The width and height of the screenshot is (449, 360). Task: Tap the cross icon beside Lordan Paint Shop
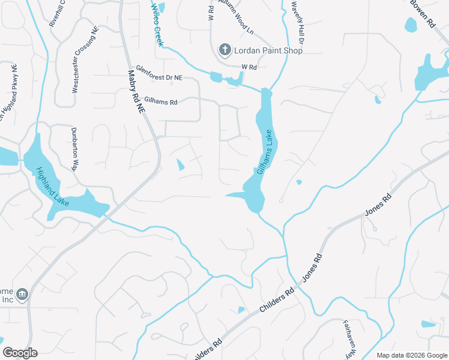[x=225, y=49]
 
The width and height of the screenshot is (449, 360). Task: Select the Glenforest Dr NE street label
[x=159, y=73]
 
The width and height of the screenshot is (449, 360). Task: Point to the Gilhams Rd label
[x=161, y=103]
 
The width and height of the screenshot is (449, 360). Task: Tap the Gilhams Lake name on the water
[x=268, y=152]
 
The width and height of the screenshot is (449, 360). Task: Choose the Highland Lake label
[x=53, y=187]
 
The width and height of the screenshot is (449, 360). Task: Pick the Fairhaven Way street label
[x=351, y=338]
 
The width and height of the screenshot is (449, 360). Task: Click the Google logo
[x=20, y=352]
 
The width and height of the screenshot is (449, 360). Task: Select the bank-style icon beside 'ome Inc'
[x=22, y=294]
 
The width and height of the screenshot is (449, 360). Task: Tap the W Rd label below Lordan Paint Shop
[x=249, y=67]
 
